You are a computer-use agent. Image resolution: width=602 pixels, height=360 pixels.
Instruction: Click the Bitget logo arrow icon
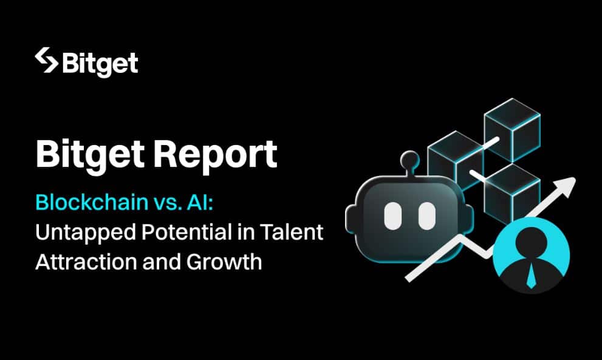pyautogui.click(x=46, y=60)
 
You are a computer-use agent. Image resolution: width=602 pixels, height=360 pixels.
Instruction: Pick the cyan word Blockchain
pyautogui.click(x=92, y=202)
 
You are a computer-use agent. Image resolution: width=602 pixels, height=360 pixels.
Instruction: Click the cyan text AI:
pyautogui.click(x=200, y=203)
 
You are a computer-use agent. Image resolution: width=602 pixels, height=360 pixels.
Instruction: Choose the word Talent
pyautogui.click(x=291, y=232)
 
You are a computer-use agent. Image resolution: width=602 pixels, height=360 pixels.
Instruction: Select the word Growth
pyautogui.click(x=224, y=262)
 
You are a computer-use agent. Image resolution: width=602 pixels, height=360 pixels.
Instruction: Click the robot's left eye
pyautogui.click(x=393, y=216)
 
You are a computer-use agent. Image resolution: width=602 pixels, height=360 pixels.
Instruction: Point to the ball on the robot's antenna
pyautogui.click(x=409, y=159)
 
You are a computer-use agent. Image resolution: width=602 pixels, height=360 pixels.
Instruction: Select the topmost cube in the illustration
pyautogui.click(x=513, y=130)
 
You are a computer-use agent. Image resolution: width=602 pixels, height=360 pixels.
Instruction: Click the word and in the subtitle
pyautogui.click(x=162, y=262)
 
